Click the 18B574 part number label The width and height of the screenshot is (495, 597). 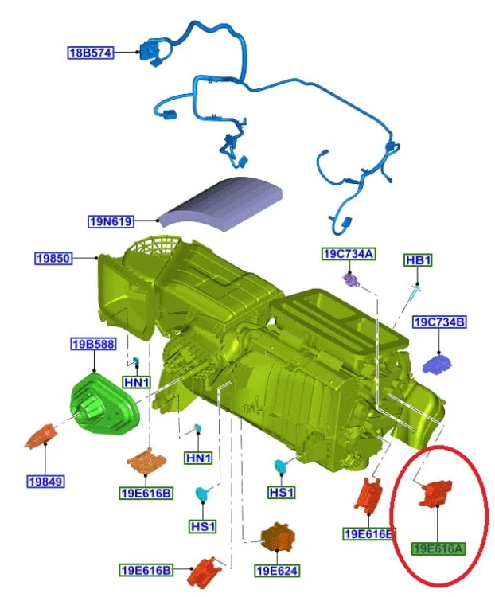(x=91, y=53)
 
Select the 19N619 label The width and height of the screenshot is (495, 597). (x=111, y=221)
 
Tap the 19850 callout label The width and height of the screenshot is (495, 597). (x=53, y=259)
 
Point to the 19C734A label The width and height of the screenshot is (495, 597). (x=349, y=254)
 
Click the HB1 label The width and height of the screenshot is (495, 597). (x=418, y=260)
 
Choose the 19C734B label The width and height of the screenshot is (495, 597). (x=439, y=322)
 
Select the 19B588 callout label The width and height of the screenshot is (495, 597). (x=93, y=344)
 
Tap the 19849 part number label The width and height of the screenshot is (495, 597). (x=45, y=482)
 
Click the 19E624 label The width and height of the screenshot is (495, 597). (x=277, y=571)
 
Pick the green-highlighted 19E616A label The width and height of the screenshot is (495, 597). (x=438, y=548)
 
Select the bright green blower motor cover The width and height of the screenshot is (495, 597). (x=103, y=404)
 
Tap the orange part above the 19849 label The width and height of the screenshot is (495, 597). (x=41, y=435)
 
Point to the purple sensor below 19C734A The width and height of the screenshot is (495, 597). (x=351, y=280)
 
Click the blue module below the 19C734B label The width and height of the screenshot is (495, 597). (x=437, y=364)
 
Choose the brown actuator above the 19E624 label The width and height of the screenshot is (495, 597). (x=277, y=537)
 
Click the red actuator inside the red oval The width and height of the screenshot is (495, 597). (x=435, y=494)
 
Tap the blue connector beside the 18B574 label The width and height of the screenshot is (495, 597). (x=150, y=53)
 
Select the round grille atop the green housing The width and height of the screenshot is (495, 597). (x=153, y=249)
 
